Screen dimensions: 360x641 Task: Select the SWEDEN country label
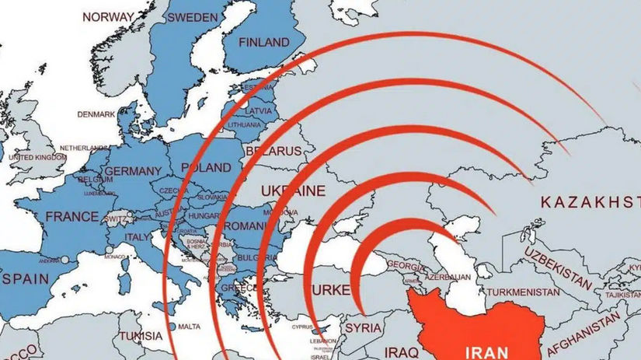click(192, 17)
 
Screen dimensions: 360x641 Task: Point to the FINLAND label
click(264, 42)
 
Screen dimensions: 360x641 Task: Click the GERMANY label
click(132, 171)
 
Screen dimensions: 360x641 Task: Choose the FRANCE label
click(71, 217)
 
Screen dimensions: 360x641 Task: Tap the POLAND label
click(206, 168)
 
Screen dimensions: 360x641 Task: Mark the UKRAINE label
click(292, 190)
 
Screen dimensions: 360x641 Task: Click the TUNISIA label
click(141, 336)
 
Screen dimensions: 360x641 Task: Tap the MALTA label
click(188, 327)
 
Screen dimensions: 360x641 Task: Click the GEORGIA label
click(405, 265)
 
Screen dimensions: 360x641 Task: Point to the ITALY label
click(139, 236)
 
